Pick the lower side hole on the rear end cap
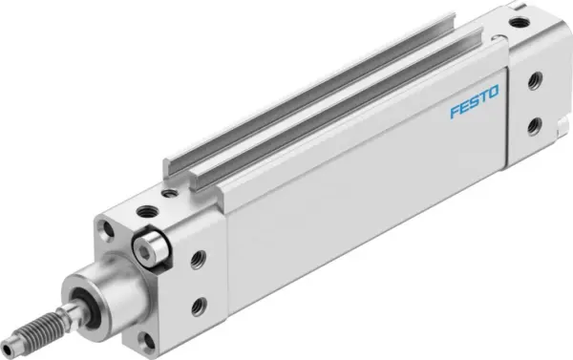pyautogui.click(x=534, y=124)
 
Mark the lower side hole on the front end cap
pyautogui.click(x=199, y=305)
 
